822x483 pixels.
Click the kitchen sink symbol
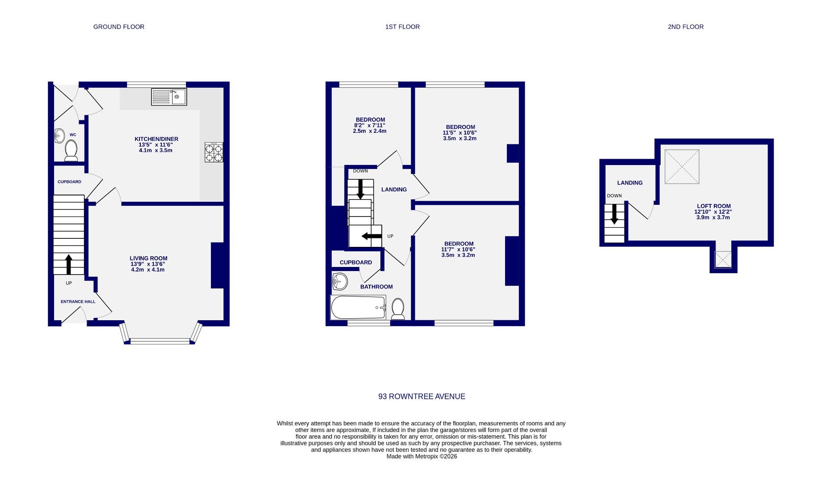coord(169,97)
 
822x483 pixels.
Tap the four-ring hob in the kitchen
coord(214,152)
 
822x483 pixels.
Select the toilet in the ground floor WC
coord(71,151)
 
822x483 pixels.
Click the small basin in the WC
coord(59,136)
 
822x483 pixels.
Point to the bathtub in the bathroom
coord(358,308)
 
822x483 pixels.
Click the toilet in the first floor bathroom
coord(398,309)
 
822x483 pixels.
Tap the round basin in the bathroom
coord(339,282)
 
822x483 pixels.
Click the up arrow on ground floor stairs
coord(69,264)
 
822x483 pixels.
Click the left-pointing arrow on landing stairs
coord(371,236)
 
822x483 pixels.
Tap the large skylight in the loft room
coord(682,167)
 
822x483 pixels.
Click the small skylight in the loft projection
coord(723,259)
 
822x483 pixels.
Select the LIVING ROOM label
coord(148,258)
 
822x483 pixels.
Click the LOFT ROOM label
coord(713,206)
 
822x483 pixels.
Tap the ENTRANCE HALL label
coord(78,301)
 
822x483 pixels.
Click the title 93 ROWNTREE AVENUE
coord(422,396)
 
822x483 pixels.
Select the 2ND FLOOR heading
coord(685,27)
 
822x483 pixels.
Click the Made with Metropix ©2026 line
coord(422,457)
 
